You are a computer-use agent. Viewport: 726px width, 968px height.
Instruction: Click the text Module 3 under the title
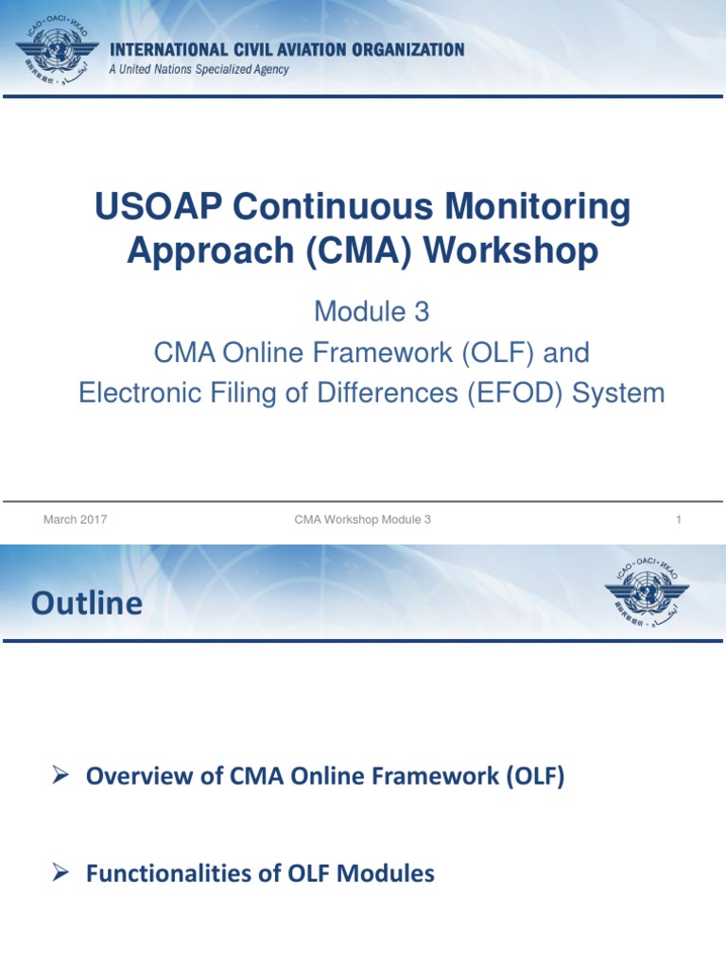click(363, 310)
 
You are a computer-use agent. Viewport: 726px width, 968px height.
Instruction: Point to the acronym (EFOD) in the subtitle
click(513, 392)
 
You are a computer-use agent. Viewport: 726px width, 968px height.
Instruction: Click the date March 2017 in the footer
click(76, 519)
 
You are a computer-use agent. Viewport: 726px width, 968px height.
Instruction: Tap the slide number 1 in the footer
click(679, 519)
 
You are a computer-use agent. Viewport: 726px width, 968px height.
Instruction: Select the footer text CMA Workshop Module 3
click(363, 519)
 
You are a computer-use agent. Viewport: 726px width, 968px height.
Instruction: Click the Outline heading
click(87, 603)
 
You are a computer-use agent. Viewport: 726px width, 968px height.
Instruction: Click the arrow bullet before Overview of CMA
click(61, 776)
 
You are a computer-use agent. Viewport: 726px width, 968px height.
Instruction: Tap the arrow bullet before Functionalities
click(61, 873)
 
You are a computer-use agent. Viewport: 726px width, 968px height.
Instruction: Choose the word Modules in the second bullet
click(389, 873)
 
